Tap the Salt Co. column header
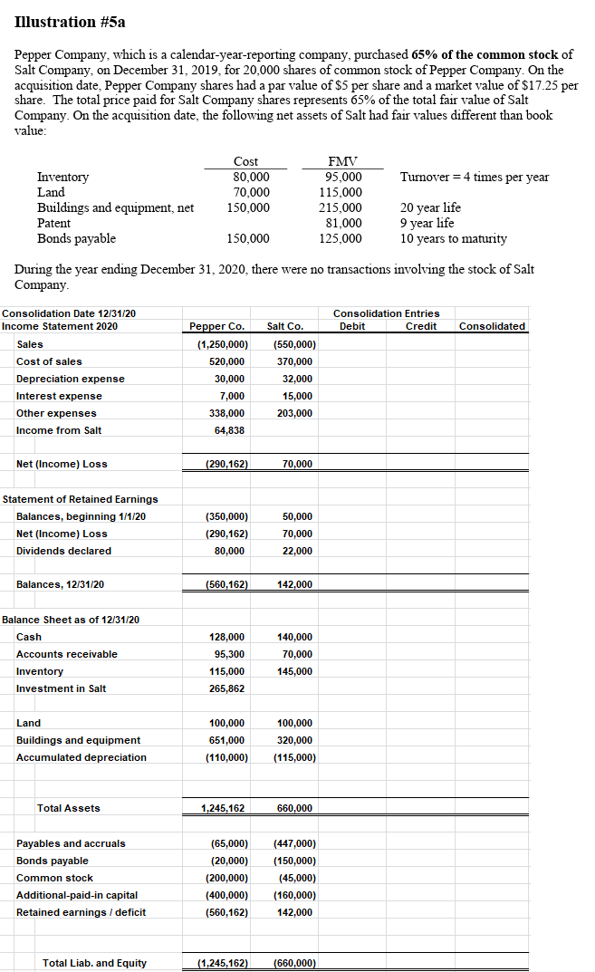click(285, 326)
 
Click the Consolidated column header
click(492, 326)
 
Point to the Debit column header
click(351, 326)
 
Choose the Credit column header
click(420, 326)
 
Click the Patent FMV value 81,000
click(342, 223)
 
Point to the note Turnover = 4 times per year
click(474, 177)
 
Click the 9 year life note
click(427, 223)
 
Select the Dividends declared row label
click(63, 551)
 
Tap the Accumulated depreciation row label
click(81, 757)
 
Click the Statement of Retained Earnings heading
click(81, 499)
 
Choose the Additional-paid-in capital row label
click(77, 895)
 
